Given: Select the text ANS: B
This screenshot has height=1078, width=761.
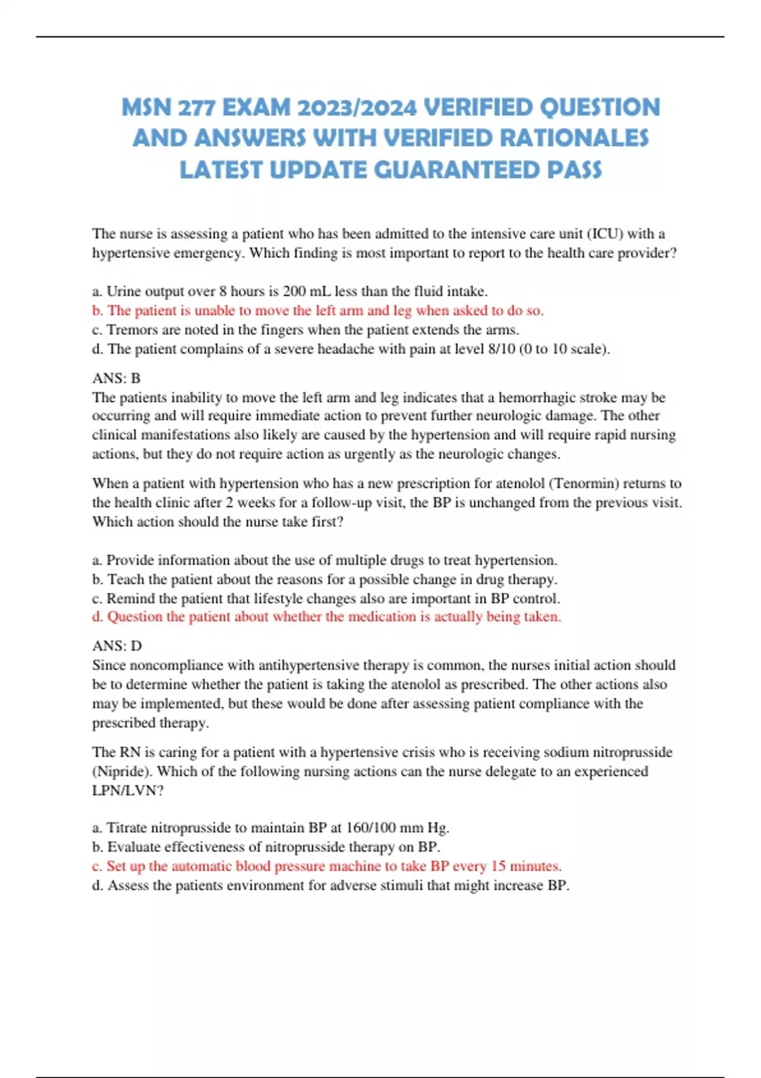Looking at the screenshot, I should coord(116,379).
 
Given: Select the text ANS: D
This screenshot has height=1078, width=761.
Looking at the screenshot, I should coord(117,646).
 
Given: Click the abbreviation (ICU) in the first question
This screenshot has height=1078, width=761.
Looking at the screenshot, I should coord(606,234).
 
